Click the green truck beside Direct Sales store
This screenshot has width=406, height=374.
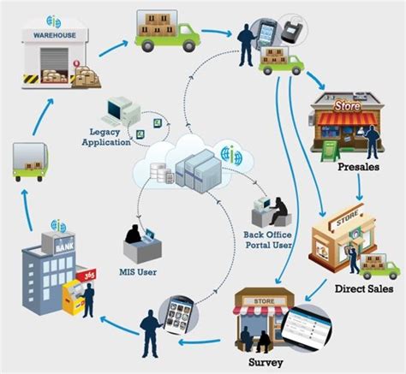(x=378, y=266)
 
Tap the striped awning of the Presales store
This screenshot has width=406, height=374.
(x=336, y=122)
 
